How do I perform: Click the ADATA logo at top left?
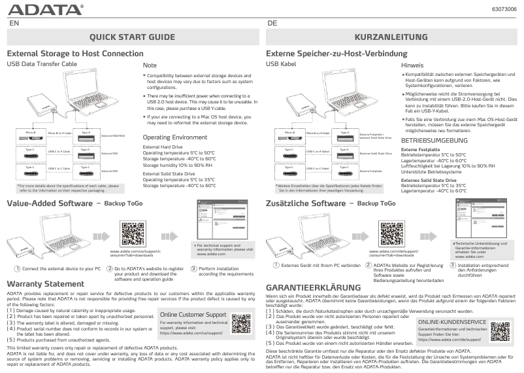[x=45, y=10]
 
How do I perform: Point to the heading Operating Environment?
[x=175, y=137]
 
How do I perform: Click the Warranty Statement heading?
[x=45, y=283]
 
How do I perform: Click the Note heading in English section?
[x=150, y=65]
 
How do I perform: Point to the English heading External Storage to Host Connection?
[x=75, y=53]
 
